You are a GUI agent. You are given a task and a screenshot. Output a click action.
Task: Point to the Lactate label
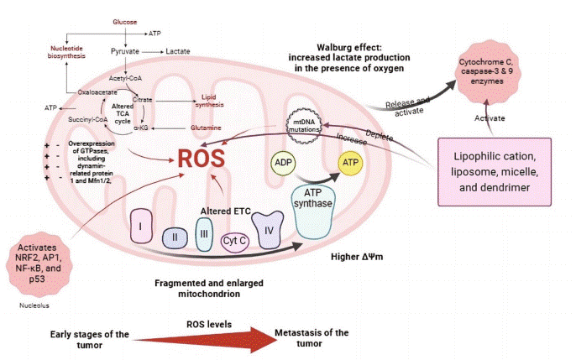[x=178, y=51]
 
